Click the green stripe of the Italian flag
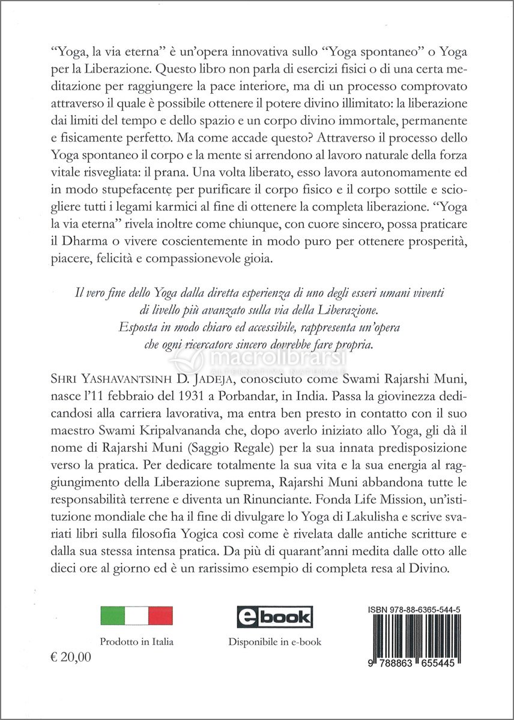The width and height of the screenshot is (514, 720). pos(113,616)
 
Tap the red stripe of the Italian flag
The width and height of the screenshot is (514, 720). pos(160,616)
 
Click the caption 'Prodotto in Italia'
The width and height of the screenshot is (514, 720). pos(137,642)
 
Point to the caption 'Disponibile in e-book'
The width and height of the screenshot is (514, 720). pos(274,642)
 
